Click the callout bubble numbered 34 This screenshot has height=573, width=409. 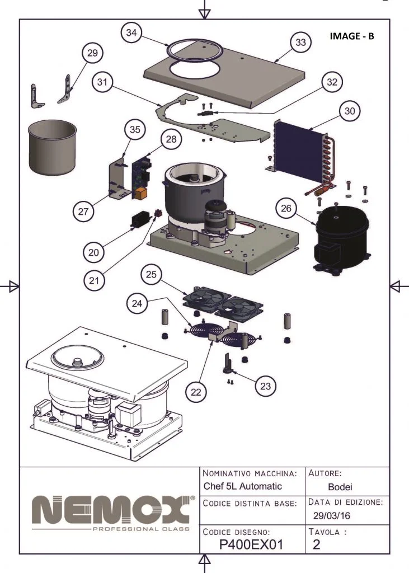click(131, 33)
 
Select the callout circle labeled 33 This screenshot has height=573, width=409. click(300, 43)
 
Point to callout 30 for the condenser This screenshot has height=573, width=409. click(349, 111)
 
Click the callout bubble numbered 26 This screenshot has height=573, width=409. click(286, 209)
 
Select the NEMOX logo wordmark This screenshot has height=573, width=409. click(109, 508)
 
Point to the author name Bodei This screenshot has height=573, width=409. click(339, 487)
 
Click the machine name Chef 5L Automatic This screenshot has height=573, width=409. click(242, 486)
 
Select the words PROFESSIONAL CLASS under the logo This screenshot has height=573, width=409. click(140, 529)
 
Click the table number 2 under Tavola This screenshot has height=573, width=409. click(317, 543)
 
